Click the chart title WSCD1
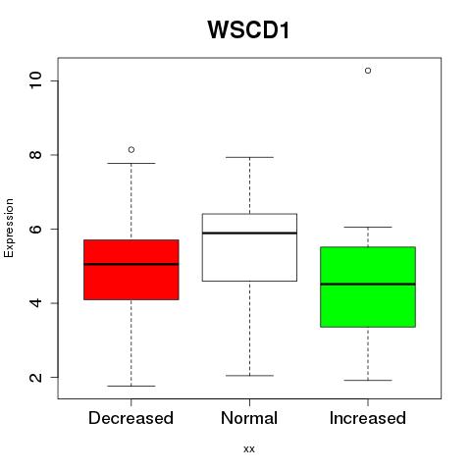248,30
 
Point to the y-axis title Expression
9,228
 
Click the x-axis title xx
249,449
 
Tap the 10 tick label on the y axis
35,80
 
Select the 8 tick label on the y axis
35,155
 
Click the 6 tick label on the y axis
35,229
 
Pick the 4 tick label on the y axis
35,303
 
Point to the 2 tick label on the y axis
35,377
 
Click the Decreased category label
131,418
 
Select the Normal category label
249,418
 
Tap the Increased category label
368,418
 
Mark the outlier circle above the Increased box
368,71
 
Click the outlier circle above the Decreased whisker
131,150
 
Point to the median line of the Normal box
249,234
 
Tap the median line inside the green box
368,284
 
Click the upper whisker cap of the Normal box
249,157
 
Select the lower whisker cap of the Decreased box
131,386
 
